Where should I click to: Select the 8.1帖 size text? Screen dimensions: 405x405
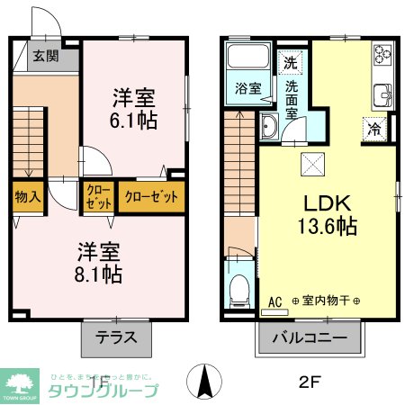[99, 272]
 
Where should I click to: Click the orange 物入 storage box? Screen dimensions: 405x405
[28, 196]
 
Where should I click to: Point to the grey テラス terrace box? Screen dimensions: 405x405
[116, 338]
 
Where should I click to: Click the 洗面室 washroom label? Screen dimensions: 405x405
[292, 100]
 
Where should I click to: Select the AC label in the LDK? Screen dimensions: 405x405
[274, 301]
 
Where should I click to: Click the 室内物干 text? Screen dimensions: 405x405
[325, 301]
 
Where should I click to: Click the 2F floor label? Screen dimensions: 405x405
[309, 379]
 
